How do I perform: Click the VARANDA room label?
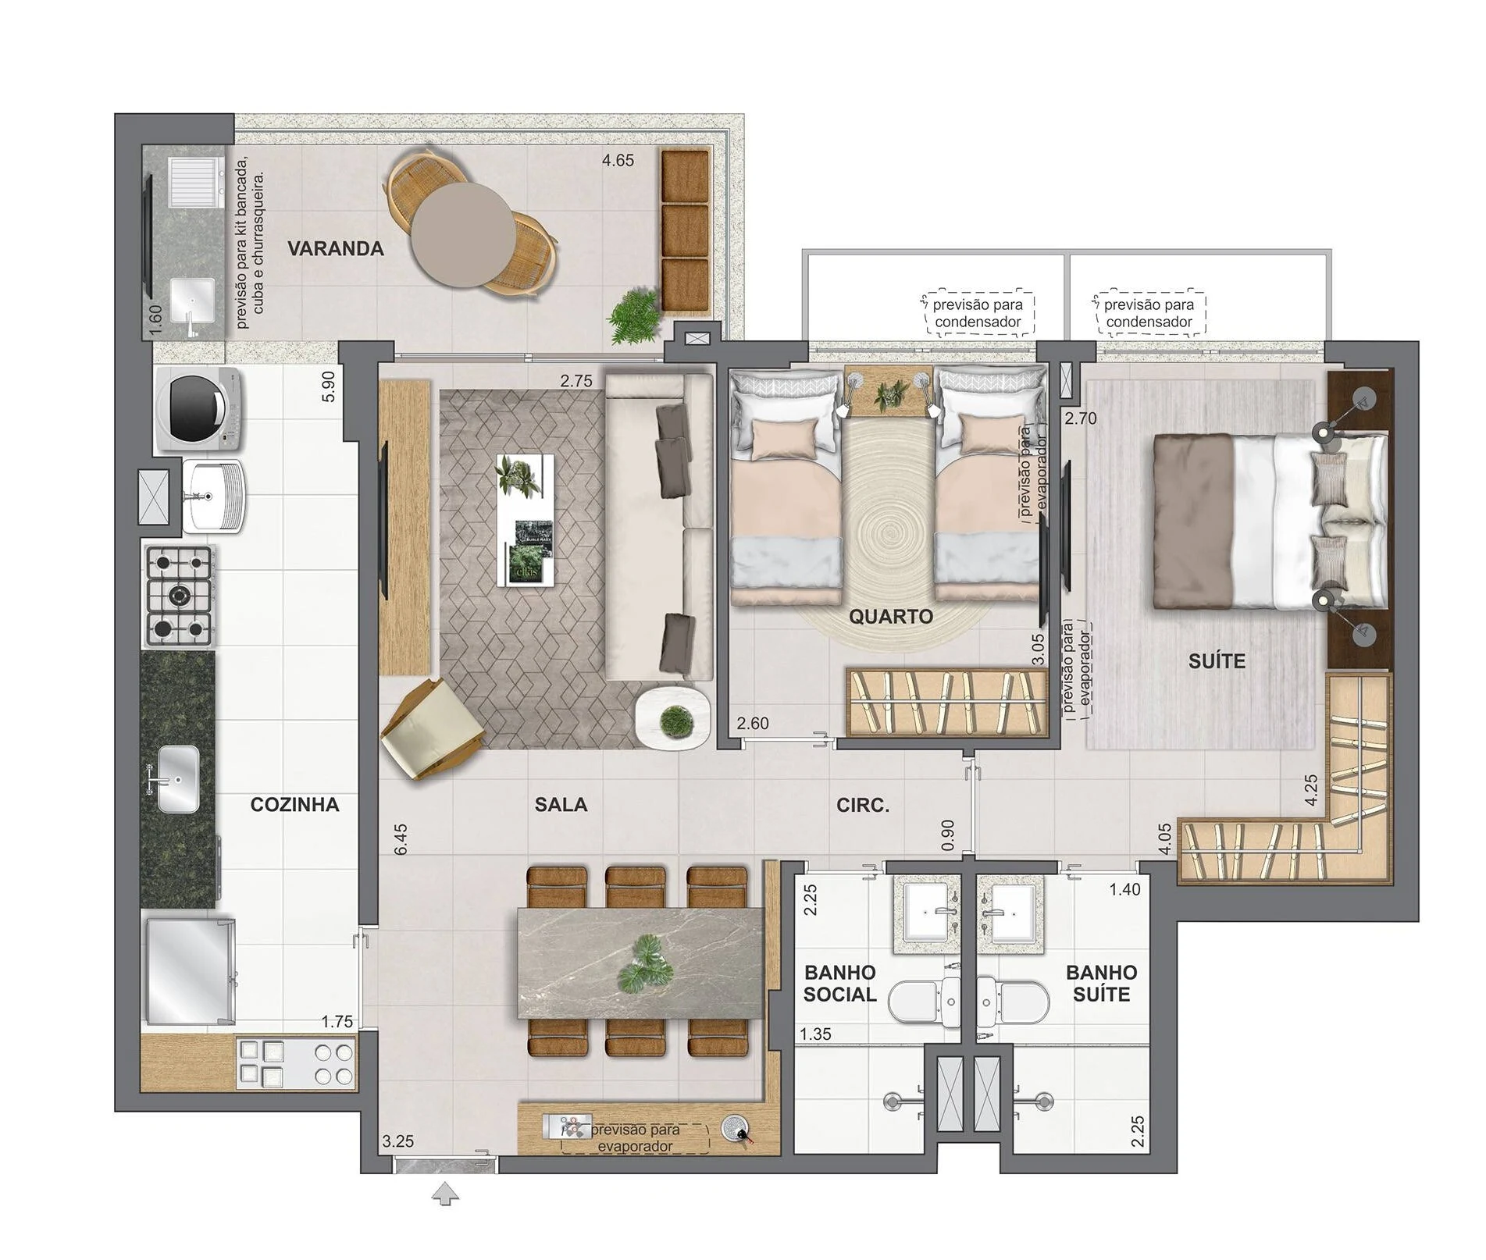tap(335, 249)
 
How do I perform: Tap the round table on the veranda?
tap(463, 234)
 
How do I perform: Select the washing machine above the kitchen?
tap(198, 409)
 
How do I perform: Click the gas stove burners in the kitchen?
tap(179, 596)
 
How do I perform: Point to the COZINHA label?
tap(294, 805)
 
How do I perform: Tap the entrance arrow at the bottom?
tap(445, 1194)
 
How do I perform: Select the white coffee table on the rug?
tap(526, 520)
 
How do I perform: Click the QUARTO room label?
tap(891, 617)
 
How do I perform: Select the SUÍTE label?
tap(1217, 661)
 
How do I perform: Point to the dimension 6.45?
tap(401, 839)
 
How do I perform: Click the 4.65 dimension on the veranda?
tap(618, 161)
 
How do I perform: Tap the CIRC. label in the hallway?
tap(863, 805)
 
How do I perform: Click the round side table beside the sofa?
tap(672, 718)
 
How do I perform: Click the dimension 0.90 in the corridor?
tap(948, 835)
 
